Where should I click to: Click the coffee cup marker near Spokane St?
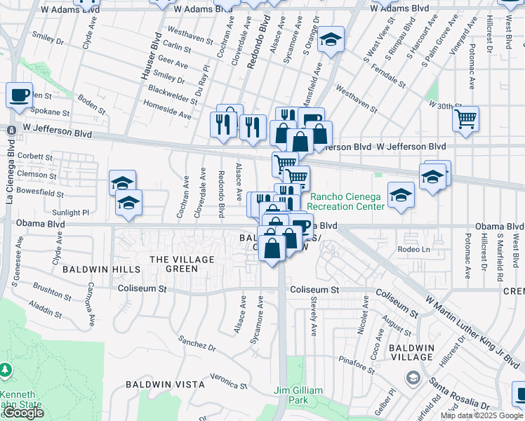point(19,94)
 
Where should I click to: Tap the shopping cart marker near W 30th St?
point(465,119)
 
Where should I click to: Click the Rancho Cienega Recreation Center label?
point(347,201)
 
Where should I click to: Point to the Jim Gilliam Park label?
point(299,395)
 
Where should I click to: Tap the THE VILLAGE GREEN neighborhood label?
point(173,264)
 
